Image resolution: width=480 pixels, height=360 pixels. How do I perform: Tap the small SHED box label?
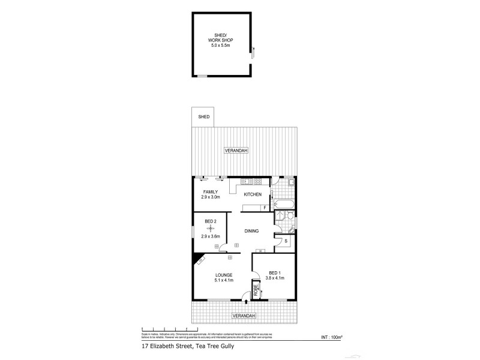[x=204, y=116]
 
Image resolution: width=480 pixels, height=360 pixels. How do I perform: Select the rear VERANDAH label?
[x=236, y=150]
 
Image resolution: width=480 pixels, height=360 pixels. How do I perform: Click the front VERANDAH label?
[x=244, y=316]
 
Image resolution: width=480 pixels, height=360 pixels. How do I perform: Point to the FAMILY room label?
[x=210, y=192]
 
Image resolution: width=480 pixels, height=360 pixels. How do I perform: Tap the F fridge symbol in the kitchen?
[x=265, y=208]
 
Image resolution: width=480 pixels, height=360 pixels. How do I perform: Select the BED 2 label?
[x=210, y=222]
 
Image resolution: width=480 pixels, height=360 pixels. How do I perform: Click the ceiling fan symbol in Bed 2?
[x=210, y=229]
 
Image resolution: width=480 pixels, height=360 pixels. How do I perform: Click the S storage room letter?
[x=286, y=241]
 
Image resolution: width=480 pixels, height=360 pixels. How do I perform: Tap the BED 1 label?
[x=275, y=272]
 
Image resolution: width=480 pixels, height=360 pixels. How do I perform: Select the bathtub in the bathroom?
[x=283, y=205]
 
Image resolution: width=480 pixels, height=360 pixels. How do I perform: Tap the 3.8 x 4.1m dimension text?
[x=275, y=278]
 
